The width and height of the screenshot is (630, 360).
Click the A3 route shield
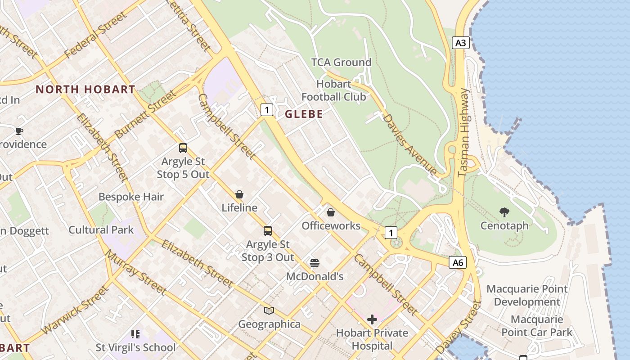(x=461, y=43)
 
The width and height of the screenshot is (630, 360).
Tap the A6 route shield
(x=457, y=262)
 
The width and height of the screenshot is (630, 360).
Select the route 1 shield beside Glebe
(x=267, y=109)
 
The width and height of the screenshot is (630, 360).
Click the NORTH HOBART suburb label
(x=85, y=89)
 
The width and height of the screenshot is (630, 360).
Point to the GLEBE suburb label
(x=304, y=114)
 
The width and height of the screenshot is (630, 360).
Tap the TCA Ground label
(x=342, y=62)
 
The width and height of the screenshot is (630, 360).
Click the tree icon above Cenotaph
(x=504, y=212)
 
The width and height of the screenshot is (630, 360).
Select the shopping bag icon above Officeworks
(x=331, y=212)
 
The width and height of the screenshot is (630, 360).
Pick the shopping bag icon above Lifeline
(x=239, y=194)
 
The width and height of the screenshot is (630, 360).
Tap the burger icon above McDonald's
(x=315, y=263)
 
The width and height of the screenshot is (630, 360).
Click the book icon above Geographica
(x=269, y=310)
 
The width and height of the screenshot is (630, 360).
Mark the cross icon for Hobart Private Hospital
(x=372, y=319)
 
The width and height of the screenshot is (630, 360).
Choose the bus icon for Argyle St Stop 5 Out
(x=183, y=148)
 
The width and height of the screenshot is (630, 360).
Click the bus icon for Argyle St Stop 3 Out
(x=268, y=231)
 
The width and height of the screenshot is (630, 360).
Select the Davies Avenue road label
(x=409, y=144)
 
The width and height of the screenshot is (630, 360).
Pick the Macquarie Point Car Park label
(x=537, y=326)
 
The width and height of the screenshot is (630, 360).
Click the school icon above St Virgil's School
(x=135, y=334)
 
